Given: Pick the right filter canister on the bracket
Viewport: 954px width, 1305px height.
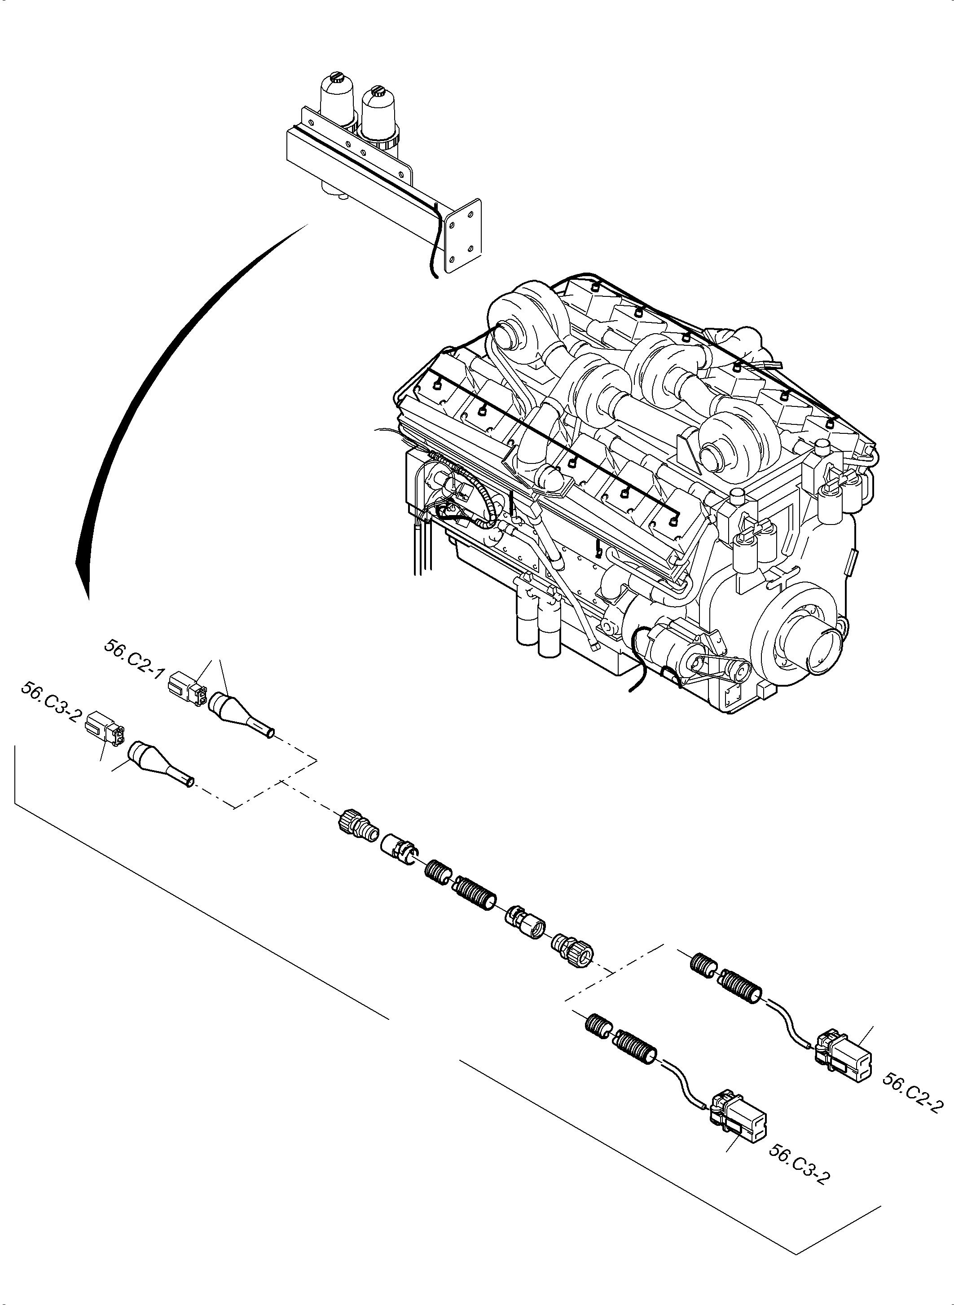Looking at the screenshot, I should [378, 115].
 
